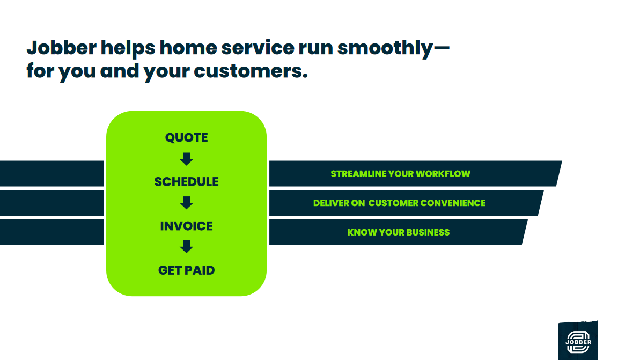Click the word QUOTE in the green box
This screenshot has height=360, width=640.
(x=187, y=137)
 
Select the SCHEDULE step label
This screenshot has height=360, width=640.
(x=187, y=182)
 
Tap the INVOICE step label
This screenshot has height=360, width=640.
(x=187, y=226)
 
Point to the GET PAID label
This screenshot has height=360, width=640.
(x=187, y=270)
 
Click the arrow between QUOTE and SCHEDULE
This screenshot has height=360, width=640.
(x=187, y=159)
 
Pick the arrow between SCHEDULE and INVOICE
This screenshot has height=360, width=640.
(x=187, y=203)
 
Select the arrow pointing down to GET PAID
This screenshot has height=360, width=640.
(x=187, y=247)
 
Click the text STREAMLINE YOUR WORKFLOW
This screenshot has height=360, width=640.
(x=400, y=174)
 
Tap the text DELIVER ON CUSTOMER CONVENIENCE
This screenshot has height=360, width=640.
(x=399, y=203)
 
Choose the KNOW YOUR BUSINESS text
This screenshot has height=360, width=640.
(x=399, y=232)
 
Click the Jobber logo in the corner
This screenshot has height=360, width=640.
(x=578, y=341)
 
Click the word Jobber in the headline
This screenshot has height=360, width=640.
(x=62, y=48)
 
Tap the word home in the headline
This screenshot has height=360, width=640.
(x=188, y=48)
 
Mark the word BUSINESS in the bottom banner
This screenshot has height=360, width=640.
(x=428, y=232)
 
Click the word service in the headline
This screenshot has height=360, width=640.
(x=258, y=48)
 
